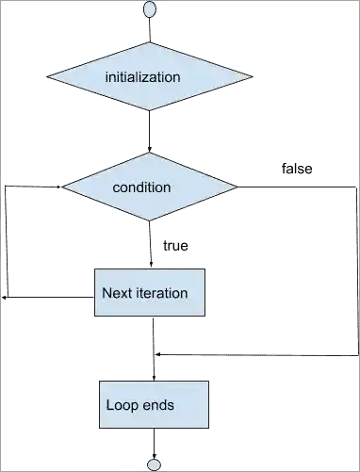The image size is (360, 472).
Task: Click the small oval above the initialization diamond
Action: click(x=150, y=8)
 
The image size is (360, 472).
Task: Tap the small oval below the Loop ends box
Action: click(x=154, y=465)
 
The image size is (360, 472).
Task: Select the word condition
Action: click(x=141, y=187)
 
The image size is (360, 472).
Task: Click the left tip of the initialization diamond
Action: click(x=48, y=76)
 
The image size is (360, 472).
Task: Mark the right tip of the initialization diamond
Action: click(x=252, y=75)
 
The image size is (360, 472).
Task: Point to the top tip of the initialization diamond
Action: click(x=150, y=41)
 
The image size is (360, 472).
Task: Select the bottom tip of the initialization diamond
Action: click(x=150, y=111)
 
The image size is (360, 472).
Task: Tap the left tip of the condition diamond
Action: click(x=63, y=187)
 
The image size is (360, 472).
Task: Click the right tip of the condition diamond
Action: click(x=237, y=187)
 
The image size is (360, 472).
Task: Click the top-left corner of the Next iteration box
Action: click(x=93, y=268)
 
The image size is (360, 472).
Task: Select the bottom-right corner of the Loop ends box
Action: click(x=209, y=429)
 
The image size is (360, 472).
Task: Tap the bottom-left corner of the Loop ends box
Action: click(x=99, y=429)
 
